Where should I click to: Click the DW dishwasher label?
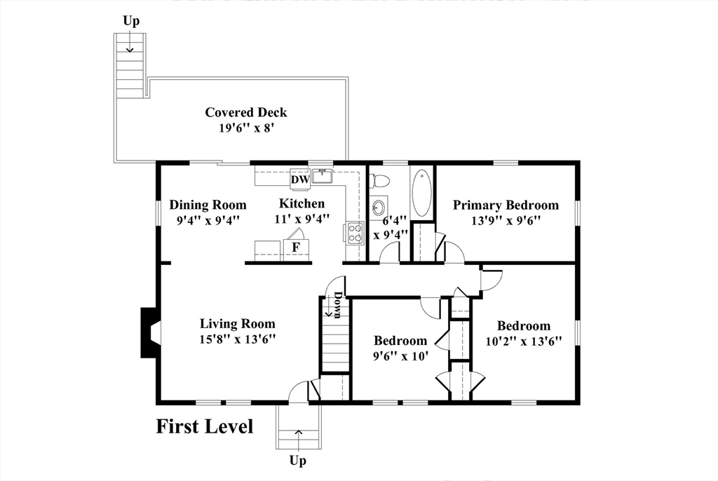[x=300, y=179]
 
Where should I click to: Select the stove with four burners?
[x=355, y=232]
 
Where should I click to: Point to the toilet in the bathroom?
[x=379, y=181]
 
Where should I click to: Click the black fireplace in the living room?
[x=149, y=332]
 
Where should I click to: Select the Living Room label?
[x=237, y=324]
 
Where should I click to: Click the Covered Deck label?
[x=246, y=113]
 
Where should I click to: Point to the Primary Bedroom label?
[x=506, y=205]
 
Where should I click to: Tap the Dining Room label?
[x=208, y=205]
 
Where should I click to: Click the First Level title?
[x=205, y=426]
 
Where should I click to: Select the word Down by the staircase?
[x=337, y=304]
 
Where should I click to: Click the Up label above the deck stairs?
[x=131, y=22]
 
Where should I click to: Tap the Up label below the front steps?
[x=297, y=461]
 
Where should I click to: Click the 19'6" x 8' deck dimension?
[x=246, y=128]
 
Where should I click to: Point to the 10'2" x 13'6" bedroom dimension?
[x=523, y=341]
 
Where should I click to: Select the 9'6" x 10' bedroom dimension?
[x=400, y=355]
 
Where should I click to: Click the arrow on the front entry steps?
[x=299, y=439]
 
